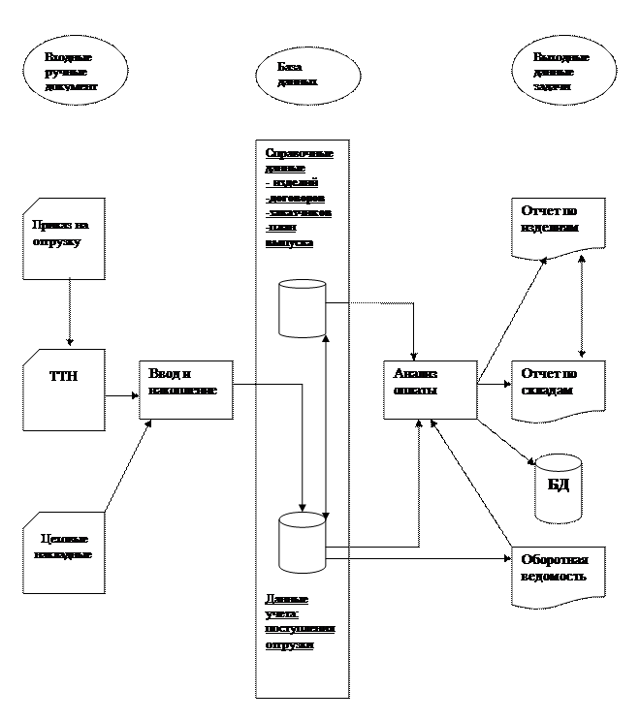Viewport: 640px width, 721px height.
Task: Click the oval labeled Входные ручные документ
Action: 76,73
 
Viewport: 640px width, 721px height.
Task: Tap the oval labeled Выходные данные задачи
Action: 562,73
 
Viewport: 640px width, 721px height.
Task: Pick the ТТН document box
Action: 63,390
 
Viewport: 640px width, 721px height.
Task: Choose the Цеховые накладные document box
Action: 63,551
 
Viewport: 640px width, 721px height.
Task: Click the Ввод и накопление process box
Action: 185,390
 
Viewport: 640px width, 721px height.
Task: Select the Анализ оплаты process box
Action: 430,390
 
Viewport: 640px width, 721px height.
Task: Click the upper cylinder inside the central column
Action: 302,309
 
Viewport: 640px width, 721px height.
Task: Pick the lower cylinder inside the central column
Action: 302,543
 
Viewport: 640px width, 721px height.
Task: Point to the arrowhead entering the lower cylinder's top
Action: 304,507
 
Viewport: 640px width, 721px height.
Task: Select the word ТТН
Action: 63,376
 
